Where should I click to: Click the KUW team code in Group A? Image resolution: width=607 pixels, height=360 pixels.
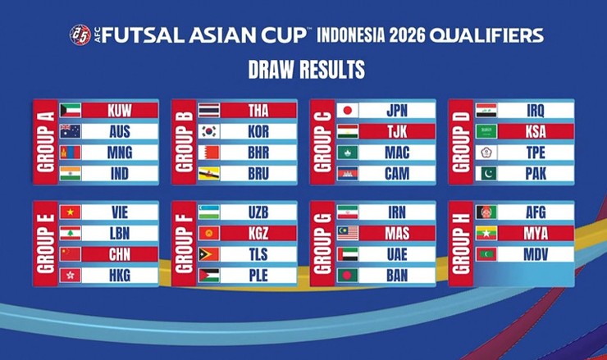[121, 110]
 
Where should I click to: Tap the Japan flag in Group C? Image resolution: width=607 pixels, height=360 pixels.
[348, 110]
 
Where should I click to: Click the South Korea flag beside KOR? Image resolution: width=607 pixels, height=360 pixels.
[209, 131]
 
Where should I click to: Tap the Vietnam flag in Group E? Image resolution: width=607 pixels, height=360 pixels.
[70, 212]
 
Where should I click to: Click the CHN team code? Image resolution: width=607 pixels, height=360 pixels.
[121, 254]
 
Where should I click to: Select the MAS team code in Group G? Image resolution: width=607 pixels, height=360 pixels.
[396, 233]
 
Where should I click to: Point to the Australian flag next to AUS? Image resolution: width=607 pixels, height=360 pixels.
[70, 131]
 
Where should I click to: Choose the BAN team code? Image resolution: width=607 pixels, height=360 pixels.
[396, 276]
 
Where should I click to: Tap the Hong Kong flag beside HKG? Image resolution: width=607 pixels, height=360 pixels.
[70, 276]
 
